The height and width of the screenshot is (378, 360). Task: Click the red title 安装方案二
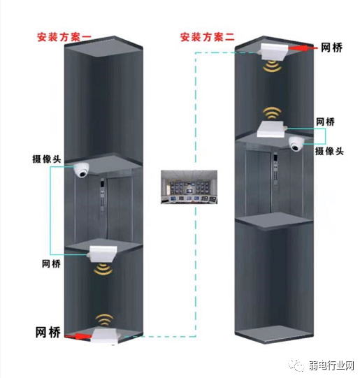click(208, 36)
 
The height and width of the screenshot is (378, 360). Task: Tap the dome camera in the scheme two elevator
click(296, 145)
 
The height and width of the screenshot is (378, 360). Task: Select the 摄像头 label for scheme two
click(329, 150)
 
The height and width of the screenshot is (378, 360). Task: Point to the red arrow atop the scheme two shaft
click(302, 48)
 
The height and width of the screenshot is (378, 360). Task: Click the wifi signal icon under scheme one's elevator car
click(102, 269)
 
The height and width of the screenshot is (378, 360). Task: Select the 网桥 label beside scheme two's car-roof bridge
click(325, 121)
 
